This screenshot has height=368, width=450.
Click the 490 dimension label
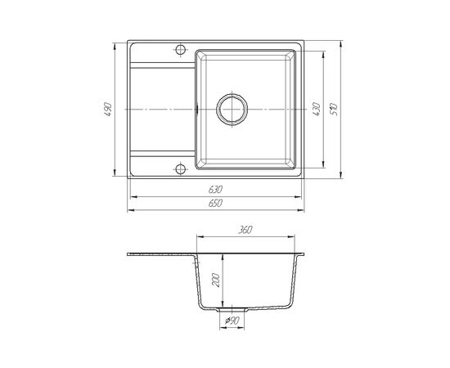[107, 109]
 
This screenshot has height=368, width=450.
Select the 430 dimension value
[317, 109]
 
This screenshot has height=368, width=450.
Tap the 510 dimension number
[334, 109]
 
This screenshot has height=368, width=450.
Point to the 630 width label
[215, 190]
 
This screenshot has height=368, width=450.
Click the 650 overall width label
[215, 203]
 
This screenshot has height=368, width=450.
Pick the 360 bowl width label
[245, 230]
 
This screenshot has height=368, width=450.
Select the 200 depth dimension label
[215, 280]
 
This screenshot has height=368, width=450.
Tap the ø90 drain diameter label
[232, 321]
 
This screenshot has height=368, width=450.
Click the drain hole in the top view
[232, 110]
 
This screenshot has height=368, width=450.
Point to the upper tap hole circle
[180, 50]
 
